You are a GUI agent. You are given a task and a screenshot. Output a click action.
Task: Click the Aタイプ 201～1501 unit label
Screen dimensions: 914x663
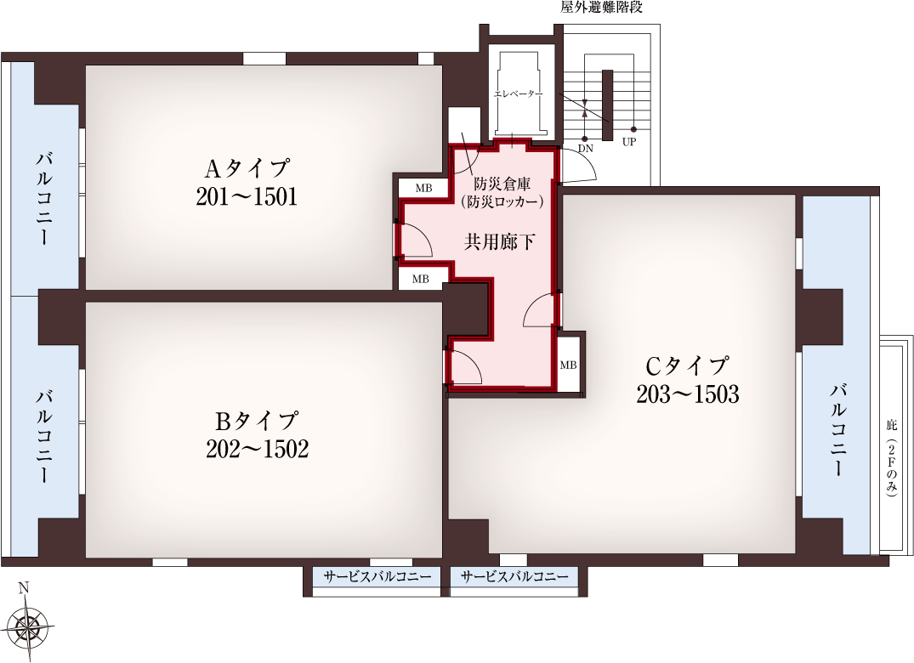pos(247,183)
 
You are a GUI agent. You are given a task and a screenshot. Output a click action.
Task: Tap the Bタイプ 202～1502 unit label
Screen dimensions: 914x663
pos(257,434)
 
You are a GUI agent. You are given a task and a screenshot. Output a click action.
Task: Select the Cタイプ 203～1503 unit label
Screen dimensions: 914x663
pos(688,380)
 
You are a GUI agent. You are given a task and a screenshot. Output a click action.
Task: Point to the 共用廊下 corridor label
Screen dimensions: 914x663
pos(500,241)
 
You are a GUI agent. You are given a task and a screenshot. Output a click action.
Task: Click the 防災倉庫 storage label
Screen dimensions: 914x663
pos(502,184)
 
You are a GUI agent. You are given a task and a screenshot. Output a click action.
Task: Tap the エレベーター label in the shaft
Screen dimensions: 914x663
pos(519,93)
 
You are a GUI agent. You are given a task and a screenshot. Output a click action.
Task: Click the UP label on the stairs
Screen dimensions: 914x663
pos(628,142)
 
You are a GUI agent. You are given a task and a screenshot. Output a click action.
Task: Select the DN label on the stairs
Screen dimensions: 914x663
pos(585,149)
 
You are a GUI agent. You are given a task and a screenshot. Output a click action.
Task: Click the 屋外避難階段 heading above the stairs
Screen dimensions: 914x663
pos(601,8)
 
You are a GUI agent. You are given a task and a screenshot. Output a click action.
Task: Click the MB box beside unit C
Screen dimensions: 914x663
pos(568,365)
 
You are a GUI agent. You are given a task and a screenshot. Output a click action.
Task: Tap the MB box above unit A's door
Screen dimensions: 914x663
pos(423,188)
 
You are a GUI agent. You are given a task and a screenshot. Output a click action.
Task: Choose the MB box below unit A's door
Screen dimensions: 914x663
pos(421,279)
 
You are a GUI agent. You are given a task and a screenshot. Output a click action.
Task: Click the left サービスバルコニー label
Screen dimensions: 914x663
pos(378,577)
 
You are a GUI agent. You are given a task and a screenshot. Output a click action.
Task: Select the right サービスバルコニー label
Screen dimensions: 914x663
pos(514,577)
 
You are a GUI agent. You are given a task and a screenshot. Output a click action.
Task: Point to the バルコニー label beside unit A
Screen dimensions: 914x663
pos(44,199)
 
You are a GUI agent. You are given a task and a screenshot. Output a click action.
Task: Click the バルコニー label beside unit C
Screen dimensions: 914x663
pos(837,429)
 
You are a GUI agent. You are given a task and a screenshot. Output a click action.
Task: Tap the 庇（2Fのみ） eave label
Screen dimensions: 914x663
pos(891,458)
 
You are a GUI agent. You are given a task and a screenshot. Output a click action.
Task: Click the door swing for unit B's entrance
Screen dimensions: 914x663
pos(464,367)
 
